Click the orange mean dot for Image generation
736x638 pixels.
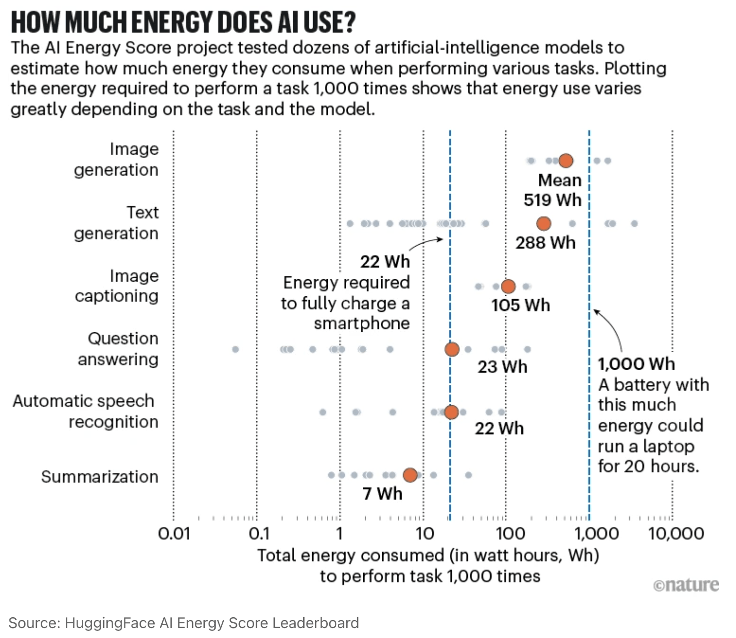tap(566, 161)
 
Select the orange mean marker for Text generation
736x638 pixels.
tap(544, 223)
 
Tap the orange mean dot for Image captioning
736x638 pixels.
tap(508, 286)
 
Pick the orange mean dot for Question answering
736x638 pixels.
tap(452, 349)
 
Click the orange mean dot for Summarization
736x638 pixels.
tap(410, 475)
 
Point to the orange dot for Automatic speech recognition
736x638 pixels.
tap(452, 412)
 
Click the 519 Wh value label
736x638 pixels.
tap(552, 200)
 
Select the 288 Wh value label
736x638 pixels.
tap(545, 243)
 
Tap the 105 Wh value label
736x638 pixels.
tap(520, 305)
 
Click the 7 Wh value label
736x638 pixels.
tap(382, 494)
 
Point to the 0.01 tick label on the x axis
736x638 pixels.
tap(174, 534)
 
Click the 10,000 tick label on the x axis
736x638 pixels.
tap(676, 534)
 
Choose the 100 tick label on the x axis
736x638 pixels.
tap(510, 534)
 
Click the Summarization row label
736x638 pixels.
tap(99, 477)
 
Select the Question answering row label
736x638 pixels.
tap(118, 349)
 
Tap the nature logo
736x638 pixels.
tap(686, 585)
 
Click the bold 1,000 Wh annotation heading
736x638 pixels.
tap(636, 364)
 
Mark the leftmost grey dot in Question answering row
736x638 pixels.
tap(236, 349)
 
